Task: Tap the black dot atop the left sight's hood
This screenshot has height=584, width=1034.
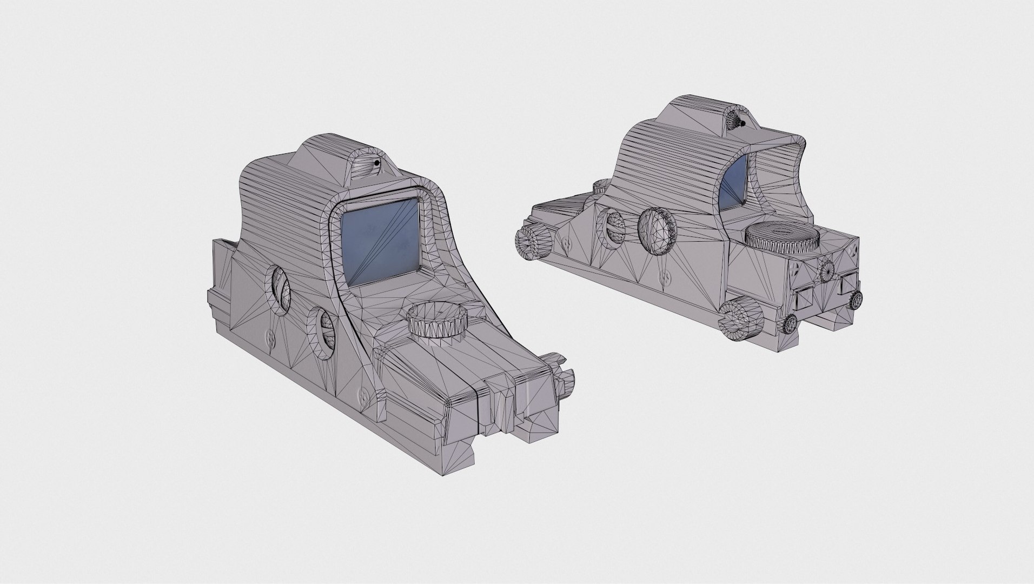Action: point(375,163)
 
